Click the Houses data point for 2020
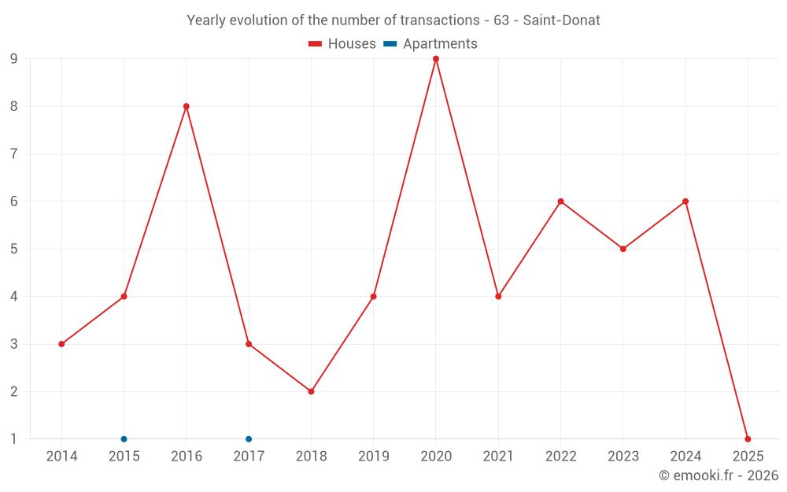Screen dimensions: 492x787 coord(436,59)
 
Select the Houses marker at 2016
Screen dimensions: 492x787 coord(187,106)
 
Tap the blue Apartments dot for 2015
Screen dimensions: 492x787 coord(124,439)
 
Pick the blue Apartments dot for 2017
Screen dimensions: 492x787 coord(249,439)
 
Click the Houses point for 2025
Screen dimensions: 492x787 coord(748,439)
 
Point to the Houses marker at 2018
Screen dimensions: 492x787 coord(311,391)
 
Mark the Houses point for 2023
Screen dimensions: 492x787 coord(623,249)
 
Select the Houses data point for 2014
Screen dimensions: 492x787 coord(61,344)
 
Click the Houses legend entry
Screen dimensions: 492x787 coord(342,44)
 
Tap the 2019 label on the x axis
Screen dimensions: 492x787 coord(373,457)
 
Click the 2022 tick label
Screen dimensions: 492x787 coord(560,457)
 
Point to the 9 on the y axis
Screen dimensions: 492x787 coord(14,59)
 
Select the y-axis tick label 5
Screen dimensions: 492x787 coord(14,249)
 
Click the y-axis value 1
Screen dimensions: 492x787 coord(14,439)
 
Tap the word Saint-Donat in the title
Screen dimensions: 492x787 coord(561,20)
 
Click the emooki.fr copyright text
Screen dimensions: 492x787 coord(719,475)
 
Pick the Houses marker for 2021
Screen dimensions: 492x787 coord(498,297)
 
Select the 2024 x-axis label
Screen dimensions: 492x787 coord(685,457)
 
